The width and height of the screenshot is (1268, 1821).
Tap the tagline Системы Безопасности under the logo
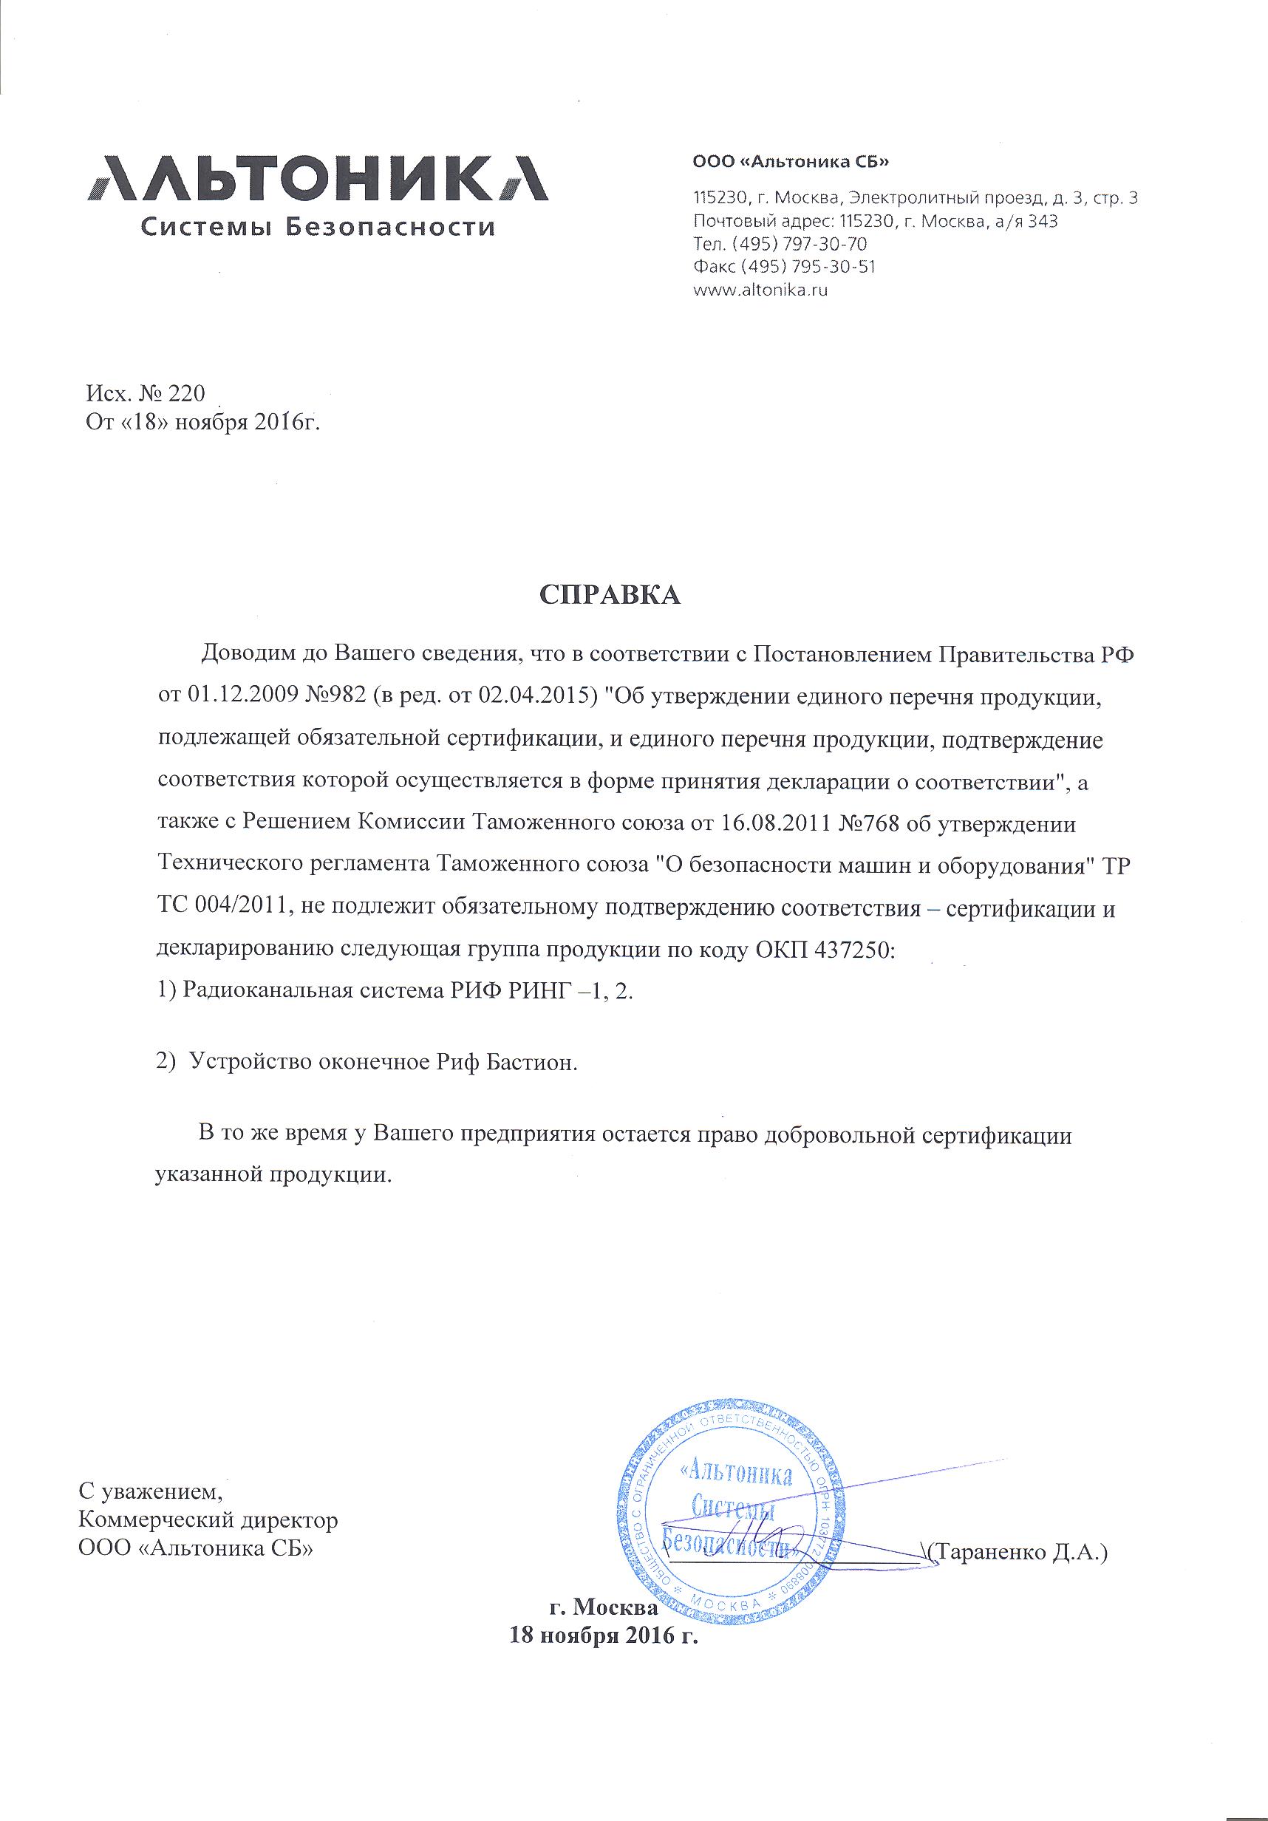point(317,228)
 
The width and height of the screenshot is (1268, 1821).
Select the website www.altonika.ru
point(760,290)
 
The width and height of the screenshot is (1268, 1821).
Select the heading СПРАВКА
point(610,596)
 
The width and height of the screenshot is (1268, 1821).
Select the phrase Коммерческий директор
point(208,1520)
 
